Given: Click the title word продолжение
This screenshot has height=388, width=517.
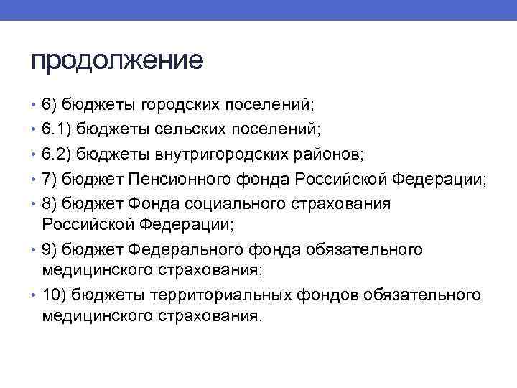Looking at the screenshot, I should coord(117,60).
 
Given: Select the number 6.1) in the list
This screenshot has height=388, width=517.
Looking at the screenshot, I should coord(57,130).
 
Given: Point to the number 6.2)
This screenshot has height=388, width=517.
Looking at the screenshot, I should coord(57,154).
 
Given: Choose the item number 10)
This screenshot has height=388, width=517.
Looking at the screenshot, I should coord(54,296).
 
